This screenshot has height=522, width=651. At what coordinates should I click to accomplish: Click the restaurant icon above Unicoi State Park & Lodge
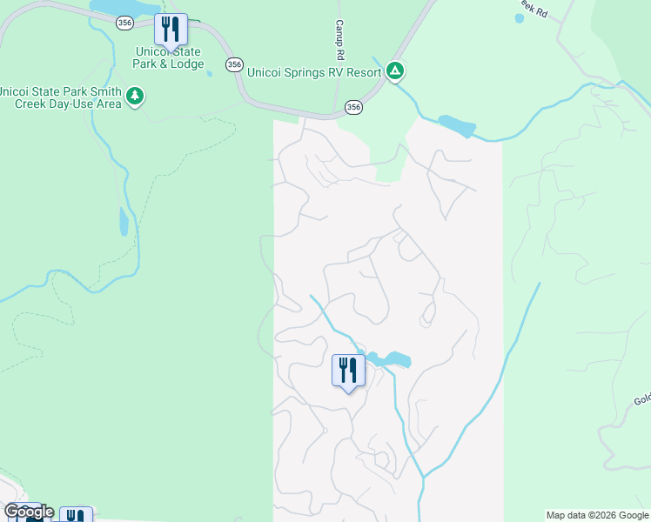(171, 30)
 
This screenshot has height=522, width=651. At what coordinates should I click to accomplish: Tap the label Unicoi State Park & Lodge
(169, 58)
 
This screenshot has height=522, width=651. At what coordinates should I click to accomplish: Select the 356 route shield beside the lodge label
(233, 64)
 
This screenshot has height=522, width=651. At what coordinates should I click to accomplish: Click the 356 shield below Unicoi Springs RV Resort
(352, 106)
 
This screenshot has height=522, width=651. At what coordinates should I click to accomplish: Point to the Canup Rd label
(340, 41)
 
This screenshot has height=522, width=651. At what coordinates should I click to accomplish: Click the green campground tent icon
(395, 70)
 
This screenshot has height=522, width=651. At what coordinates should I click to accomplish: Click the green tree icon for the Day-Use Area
(135, 95)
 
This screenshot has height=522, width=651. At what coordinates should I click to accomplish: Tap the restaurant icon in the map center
(348, 371)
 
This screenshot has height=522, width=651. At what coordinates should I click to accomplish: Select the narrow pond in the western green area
(124, 222)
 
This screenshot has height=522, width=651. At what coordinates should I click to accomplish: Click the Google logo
(29, 512)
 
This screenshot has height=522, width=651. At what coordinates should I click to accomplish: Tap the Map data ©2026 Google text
(597, 515)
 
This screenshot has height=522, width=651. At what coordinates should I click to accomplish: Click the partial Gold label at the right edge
(642, 400)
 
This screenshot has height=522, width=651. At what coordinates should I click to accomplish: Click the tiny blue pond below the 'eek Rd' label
(520, 18)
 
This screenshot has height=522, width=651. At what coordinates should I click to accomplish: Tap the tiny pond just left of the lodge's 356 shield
(210, 74)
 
